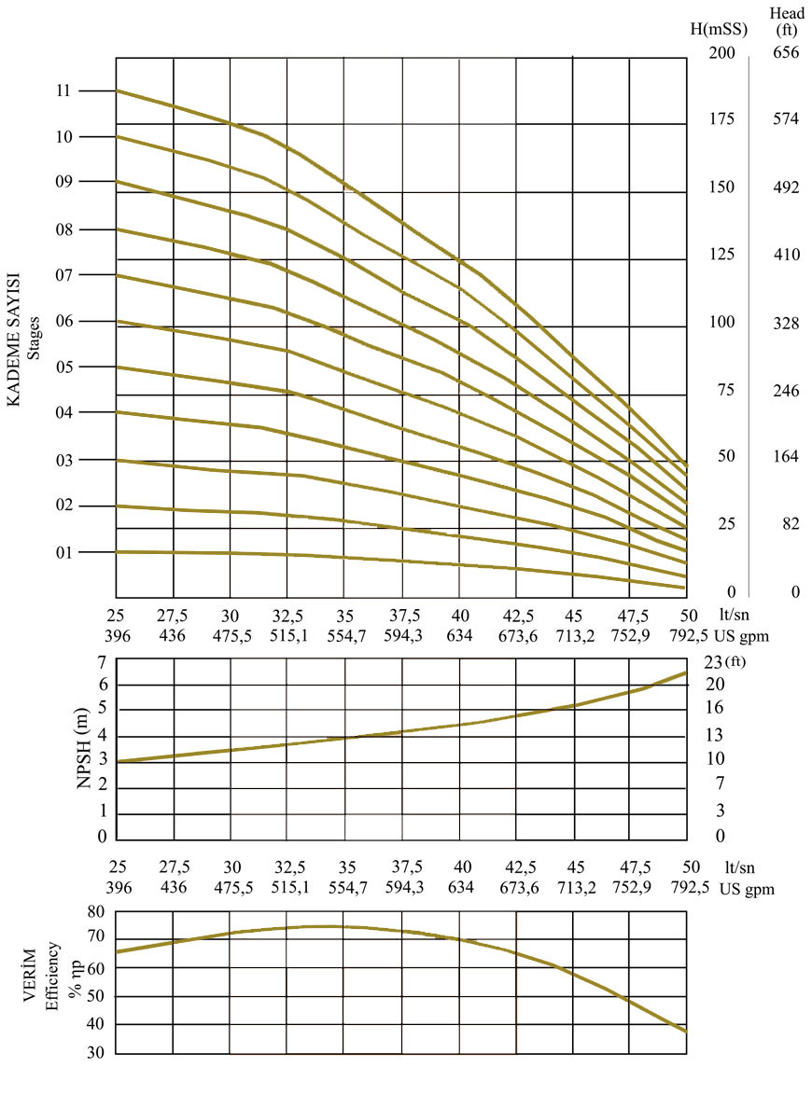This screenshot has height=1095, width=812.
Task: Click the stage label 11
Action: click(63, 91)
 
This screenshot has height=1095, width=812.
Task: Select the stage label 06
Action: click(63, 322)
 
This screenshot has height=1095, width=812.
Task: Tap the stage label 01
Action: click(63, 552)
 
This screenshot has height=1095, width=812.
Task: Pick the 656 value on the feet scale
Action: click(786, 53)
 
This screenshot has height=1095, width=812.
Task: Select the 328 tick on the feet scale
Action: click(786, 323)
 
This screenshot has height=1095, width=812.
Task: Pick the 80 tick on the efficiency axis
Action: click(95, 911)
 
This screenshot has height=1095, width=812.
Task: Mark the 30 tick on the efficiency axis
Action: click(95, 1054)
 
